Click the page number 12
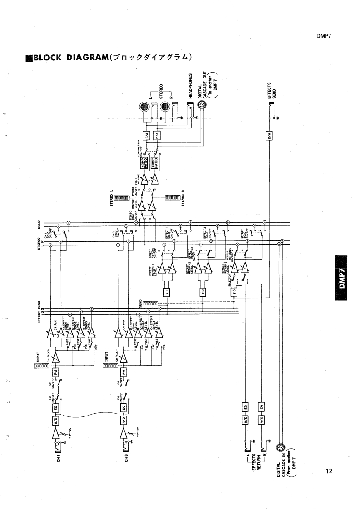click(329, 471)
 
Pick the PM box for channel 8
click(124, 372)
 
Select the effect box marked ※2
click(203, 291)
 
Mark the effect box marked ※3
click(234, 291)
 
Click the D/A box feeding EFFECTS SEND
click(269, 135)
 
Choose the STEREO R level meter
click(174, 198)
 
